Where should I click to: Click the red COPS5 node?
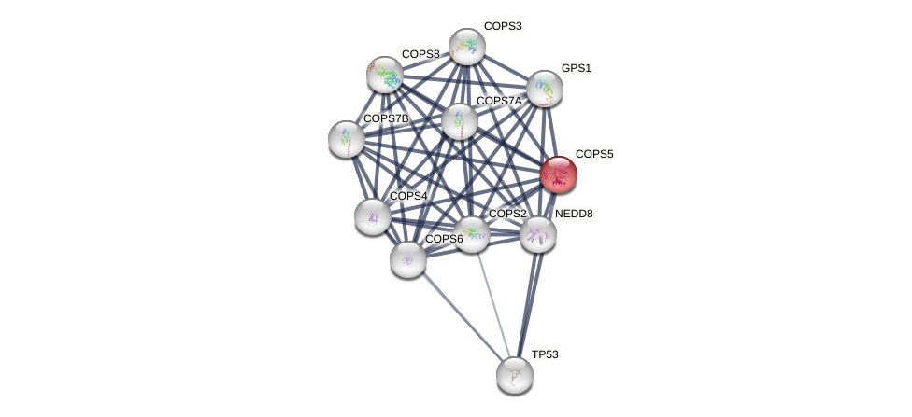click(559, 174)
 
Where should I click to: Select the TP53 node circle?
click(515, 374)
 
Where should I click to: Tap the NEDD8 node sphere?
click(538, 234)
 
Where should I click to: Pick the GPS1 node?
click(545, 89)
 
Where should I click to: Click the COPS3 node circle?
click(466, 47)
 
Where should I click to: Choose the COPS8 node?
click(384, 75)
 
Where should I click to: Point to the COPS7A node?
click(459, 121)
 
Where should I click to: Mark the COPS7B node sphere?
click(347, 139)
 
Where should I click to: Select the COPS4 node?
click(373, 216)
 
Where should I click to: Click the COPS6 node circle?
click(408, 258)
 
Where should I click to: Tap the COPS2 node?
click(472, 234)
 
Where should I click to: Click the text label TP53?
click(544, 354)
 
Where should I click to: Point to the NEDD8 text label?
click(573, 214)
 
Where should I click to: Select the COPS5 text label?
click(593, 154)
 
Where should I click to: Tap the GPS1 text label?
click(576, 68)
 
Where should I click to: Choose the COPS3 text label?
click(502, 26)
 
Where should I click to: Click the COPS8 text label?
click(420, 54)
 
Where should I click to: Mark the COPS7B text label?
click(385, 118)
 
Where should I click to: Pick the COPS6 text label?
click(444, 239)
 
